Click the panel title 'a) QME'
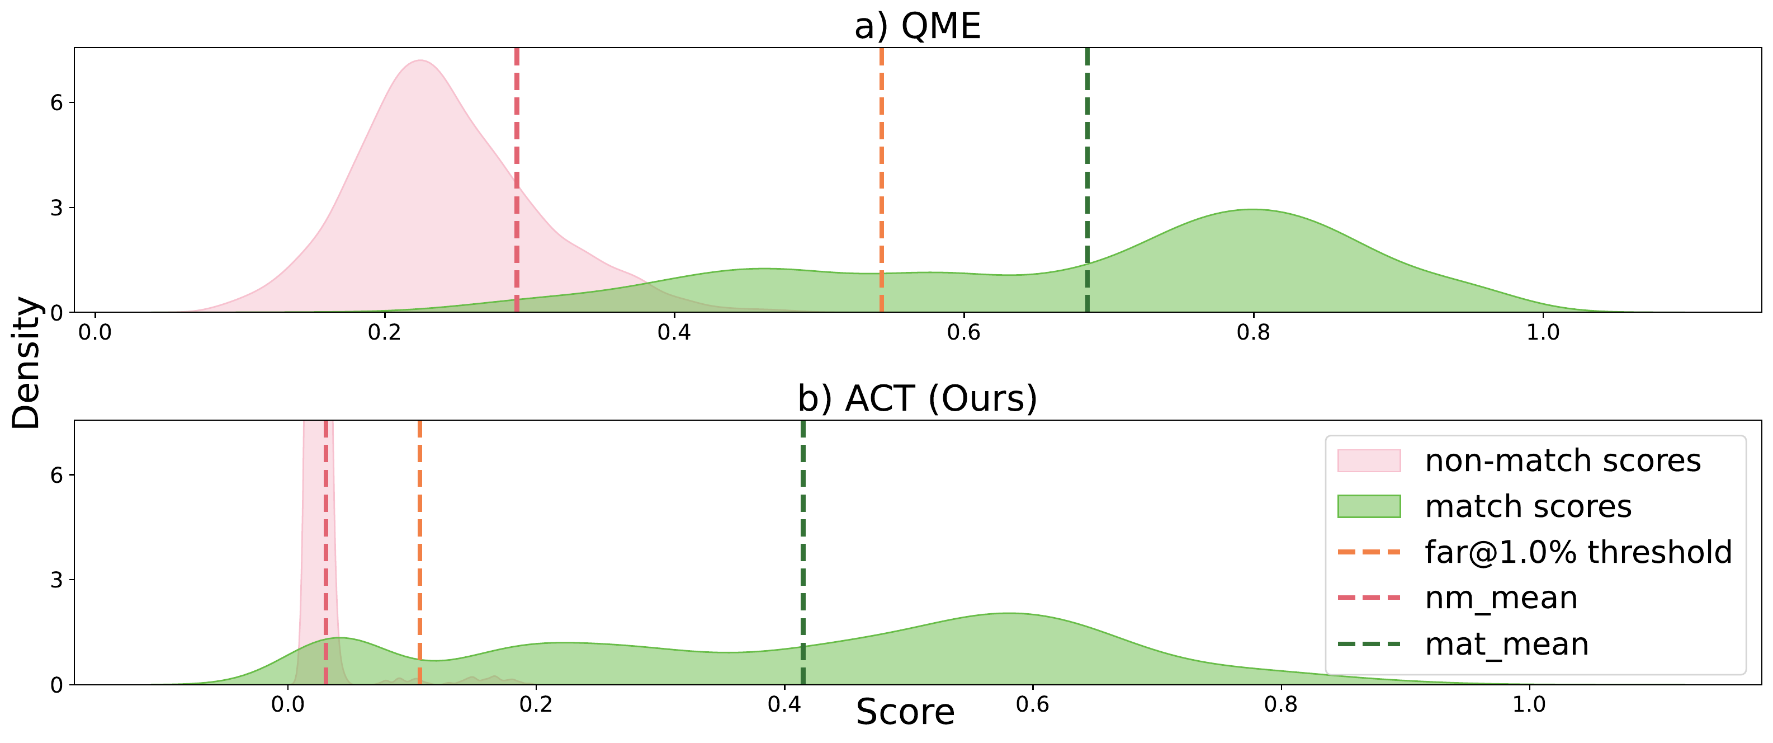917,26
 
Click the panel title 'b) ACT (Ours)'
917,398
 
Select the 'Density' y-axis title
26,363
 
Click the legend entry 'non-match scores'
1562,460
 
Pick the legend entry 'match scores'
1528,507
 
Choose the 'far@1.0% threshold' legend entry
1577,552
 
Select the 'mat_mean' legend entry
1506,645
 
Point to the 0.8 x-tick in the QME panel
1252,332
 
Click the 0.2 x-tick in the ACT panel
536,704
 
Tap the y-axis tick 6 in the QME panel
56,102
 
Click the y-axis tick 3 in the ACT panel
56,580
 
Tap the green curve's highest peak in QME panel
1252,210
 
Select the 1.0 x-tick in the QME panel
1543,332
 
